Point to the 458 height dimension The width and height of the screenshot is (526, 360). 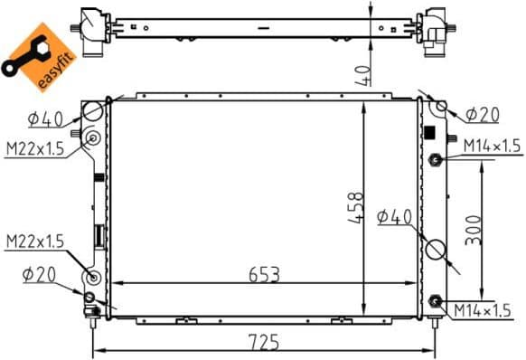point(359,208)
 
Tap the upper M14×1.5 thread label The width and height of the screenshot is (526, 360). point(491,145)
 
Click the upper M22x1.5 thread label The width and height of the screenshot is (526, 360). point(33,148)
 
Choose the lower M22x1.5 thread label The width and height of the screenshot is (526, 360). point(34,242)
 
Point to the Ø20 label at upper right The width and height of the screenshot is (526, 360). point(484,115)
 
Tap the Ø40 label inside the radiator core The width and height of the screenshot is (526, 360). point(393,216)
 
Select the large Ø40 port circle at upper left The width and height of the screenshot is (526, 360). point(93,111)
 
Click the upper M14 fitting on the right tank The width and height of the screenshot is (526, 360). point(435,160)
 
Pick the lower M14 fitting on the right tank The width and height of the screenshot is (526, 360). point(436,300)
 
